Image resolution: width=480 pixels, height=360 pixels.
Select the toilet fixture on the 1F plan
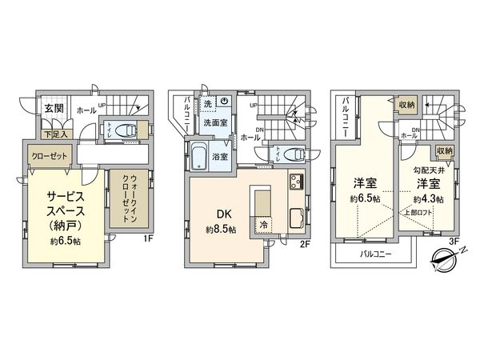click(121, 131)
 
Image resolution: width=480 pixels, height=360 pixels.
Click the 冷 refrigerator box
click(264, 226)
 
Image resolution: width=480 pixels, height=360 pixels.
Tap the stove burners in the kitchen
click(295, 182)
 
